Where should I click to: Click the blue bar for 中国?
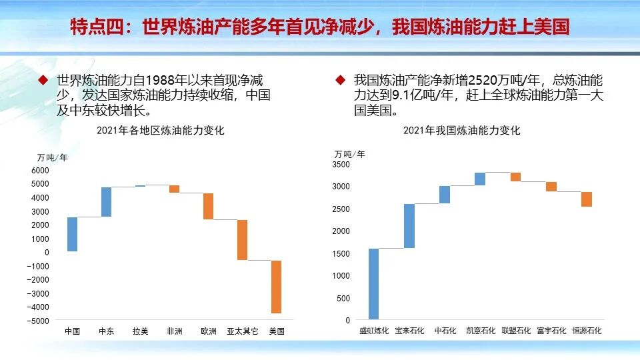[x=72, y=234]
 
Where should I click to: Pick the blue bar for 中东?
[x=106, y=202]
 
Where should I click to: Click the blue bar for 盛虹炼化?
[x=373, y=284]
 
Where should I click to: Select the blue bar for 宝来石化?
[x=409, y=226]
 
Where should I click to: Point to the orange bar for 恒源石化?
[x=586, y=199]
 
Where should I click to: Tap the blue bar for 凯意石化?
[x=480, y=179]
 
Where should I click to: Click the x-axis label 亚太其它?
[x=242, y=331]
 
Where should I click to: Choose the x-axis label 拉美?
[x=140, y=331]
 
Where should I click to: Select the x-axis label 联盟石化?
[x=515, y=331]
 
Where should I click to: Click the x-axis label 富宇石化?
[x=551, y=331]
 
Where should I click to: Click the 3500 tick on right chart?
[x=341, y=164]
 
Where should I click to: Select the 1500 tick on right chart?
[x=341, y=253]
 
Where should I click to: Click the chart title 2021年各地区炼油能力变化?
[x=161, y=131]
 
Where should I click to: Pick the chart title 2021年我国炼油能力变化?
[x=461, y=131]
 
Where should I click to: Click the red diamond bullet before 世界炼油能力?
[x=43, y=80]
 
